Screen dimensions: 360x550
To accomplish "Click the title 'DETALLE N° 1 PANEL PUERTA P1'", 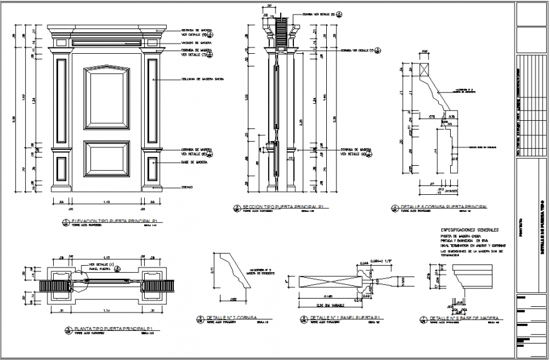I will pyautogui.click(x=341, y=318).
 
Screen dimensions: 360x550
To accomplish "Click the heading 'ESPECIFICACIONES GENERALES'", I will pyautogui.click(x=469, y=229).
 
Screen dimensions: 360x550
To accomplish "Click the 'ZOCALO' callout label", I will pyautogui.click(x=187, y=187).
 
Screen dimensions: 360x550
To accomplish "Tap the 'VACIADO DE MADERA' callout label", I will pyautogui.click(x=197, y=42).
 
